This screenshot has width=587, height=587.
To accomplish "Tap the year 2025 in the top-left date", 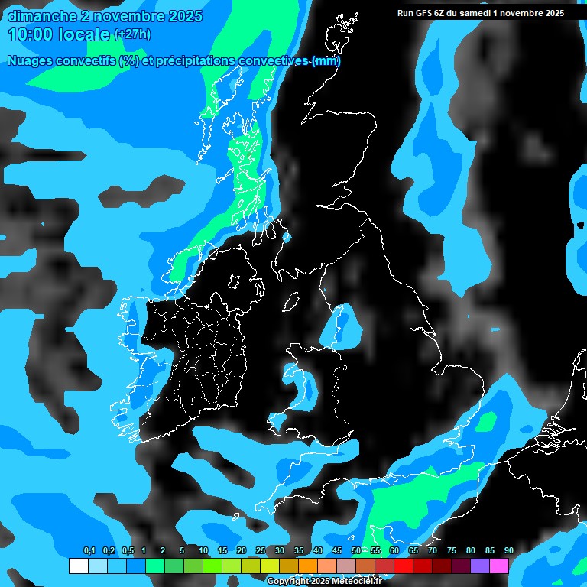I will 181,16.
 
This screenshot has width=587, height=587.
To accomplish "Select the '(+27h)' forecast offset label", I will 131,34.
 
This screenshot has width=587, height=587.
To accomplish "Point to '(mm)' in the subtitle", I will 326,61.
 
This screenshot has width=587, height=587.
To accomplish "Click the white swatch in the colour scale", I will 78,566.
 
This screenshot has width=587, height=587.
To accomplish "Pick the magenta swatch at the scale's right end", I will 499,566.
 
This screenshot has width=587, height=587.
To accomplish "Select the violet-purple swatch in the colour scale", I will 480,566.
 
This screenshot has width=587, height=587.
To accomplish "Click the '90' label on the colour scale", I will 509,550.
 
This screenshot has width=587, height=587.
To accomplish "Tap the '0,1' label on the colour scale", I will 89,550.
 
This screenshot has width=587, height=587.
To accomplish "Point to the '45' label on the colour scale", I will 337,550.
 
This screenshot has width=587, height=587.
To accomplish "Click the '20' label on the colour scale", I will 242,550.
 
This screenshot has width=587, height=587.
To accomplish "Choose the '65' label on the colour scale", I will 413,550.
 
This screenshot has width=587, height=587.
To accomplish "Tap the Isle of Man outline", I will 290,302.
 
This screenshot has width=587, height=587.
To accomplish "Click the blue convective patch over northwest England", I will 342,325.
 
